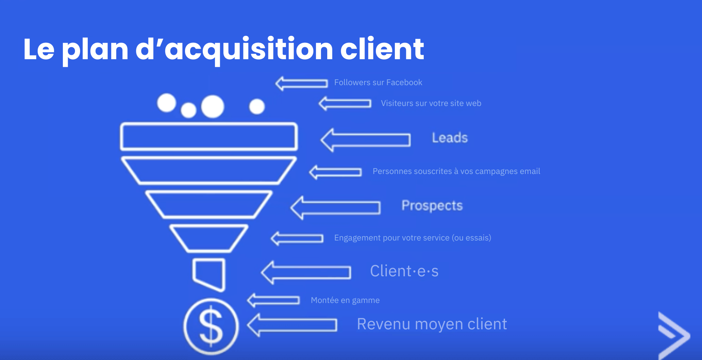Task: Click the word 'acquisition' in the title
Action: [249, 49]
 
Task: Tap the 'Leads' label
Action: [450, 138]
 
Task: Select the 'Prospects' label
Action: [432, 206]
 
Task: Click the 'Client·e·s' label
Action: [404, 271]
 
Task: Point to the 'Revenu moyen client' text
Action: [432, 324]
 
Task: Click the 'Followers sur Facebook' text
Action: [378, 83]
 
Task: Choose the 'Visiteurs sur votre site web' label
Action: [431, 103]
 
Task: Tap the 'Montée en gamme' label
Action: [345, 300]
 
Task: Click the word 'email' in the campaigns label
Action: [530, 171]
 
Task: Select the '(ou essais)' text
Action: [472, 238]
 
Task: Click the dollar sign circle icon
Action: [211, 326]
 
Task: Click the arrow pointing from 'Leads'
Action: [366, 140]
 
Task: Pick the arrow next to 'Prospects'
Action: [336, 208]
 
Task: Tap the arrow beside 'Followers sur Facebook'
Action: [302, 84]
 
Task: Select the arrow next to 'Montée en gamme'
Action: [273, 300]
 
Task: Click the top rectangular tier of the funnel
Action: [209, 137]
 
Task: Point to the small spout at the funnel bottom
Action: [209, 274]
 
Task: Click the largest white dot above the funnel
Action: [212, 106]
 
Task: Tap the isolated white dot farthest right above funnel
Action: [257, 106]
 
